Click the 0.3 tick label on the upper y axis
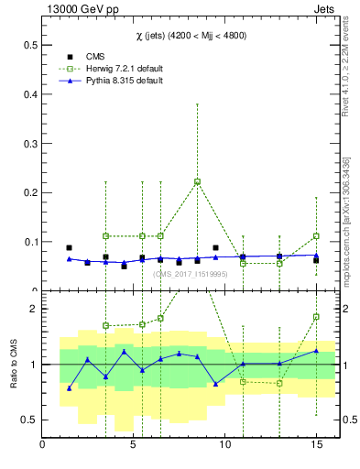(x=29, y=144)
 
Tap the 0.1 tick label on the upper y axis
(x=29, y=243)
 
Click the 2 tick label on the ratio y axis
(x=33, y=309)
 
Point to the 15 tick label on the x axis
(x=315, y=446)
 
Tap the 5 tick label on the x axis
(x=134, y=446)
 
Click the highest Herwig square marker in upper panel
(x=197, y=181)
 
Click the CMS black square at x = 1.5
(x=70, y=248)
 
